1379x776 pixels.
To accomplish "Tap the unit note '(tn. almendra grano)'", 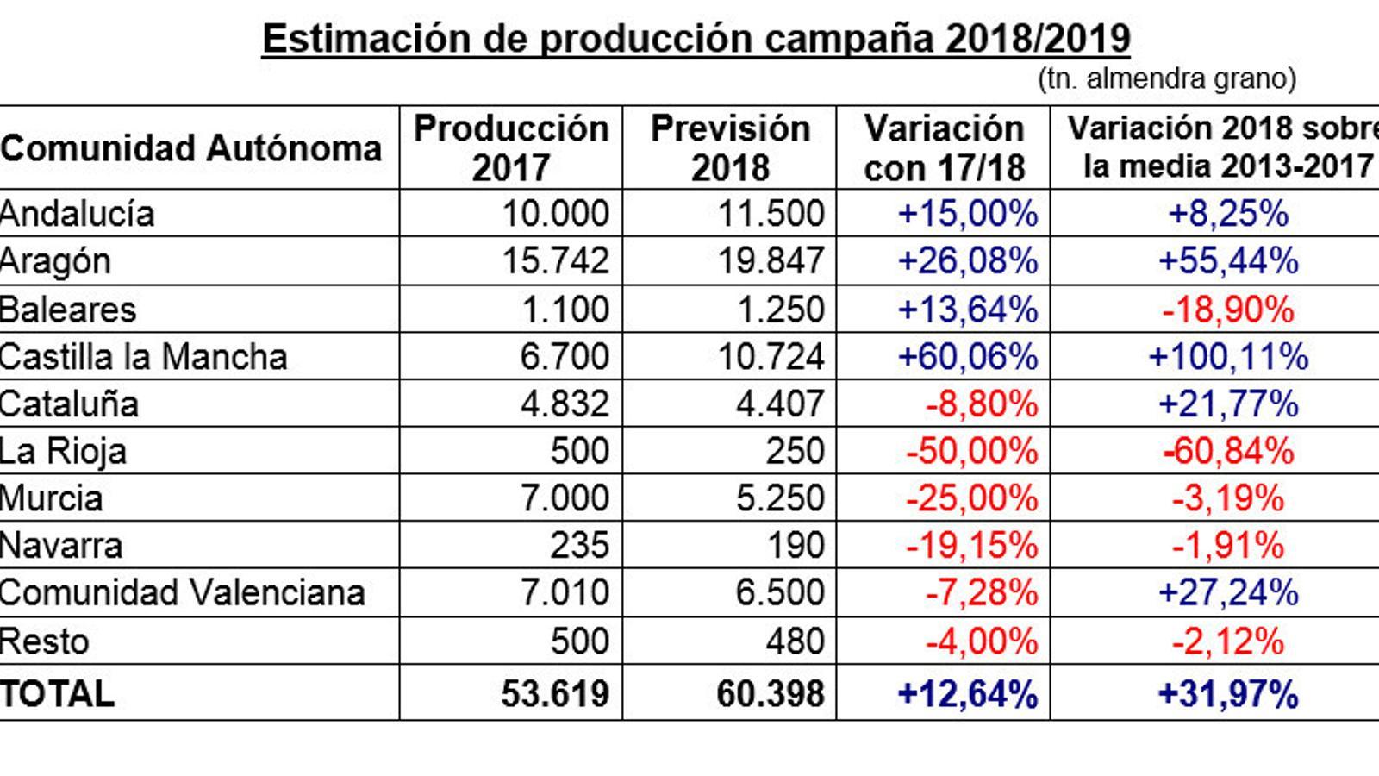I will point(1167,79).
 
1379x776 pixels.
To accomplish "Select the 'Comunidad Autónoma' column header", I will point(190,148).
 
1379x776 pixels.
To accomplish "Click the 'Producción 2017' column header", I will point(511,147).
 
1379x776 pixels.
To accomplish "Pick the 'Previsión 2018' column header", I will point(730,147).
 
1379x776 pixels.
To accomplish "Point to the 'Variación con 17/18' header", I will point(944,147).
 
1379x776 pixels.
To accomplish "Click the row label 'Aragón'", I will point(55,261).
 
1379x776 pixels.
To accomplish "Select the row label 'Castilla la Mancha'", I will point(143,357).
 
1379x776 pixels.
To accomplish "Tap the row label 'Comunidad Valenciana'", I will point(182,593).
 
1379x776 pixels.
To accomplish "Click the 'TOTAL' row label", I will point(57,694).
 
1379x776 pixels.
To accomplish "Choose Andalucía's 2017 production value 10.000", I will point(555,214).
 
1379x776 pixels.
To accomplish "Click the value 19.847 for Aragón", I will point(771,261).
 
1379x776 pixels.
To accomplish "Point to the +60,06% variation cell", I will point(967,357).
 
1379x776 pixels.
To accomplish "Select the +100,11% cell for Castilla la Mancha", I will point(1228,357).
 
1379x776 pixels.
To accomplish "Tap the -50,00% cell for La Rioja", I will point(971,451).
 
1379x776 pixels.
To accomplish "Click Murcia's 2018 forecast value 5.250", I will point(780,498).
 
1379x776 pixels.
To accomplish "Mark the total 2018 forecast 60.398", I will point(771,694).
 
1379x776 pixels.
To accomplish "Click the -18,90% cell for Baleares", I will point(1227,310).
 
